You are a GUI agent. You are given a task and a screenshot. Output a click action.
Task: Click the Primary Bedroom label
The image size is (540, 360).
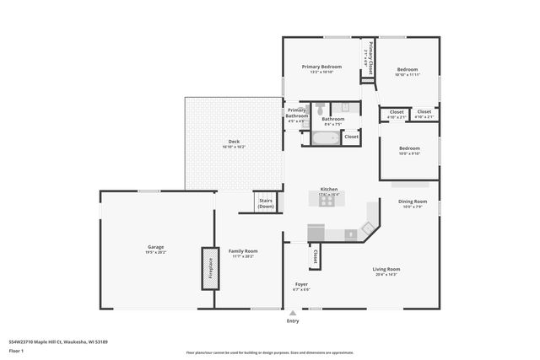click(x=322, y=67)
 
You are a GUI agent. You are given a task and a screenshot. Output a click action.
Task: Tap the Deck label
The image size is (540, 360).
click(x=234, y=141)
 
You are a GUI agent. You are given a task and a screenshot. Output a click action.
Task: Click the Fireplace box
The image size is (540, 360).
click(x=208, y=268)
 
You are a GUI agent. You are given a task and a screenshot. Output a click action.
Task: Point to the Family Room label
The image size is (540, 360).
click(x=243, y=251)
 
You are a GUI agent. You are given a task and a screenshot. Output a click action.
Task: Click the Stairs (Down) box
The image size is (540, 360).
click(x=266, y=202)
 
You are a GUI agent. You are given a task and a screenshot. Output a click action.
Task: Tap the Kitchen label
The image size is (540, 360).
click(x=328, y=189)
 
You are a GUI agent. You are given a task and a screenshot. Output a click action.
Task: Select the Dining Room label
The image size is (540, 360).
click(x=413, y=201)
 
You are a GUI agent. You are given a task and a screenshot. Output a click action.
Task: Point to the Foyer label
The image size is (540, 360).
click(x=301, y=284)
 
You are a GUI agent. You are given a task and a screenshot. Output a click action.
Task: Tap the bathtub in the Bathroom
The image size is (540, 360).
click(x=325, y=137)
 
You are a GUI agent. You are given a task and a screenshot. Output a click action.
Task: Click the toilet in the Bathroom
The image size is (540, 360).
click(x=321, y=108)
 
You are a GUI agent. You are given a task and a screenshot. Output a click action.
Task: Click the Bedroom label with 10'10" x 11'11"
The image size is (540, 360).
click(x=408, y=70)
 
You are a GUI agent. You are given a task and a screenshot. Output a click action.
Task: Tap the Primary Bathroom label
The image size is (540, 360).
click(x=296, y=113)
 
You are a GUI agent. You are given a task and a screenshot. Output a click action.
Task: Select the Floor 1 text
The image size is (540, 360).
click(x=17, y=350)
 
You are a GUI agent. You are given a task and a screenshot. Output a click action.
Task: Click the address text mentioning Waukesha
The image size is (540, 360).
click(x=58, y=341)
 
